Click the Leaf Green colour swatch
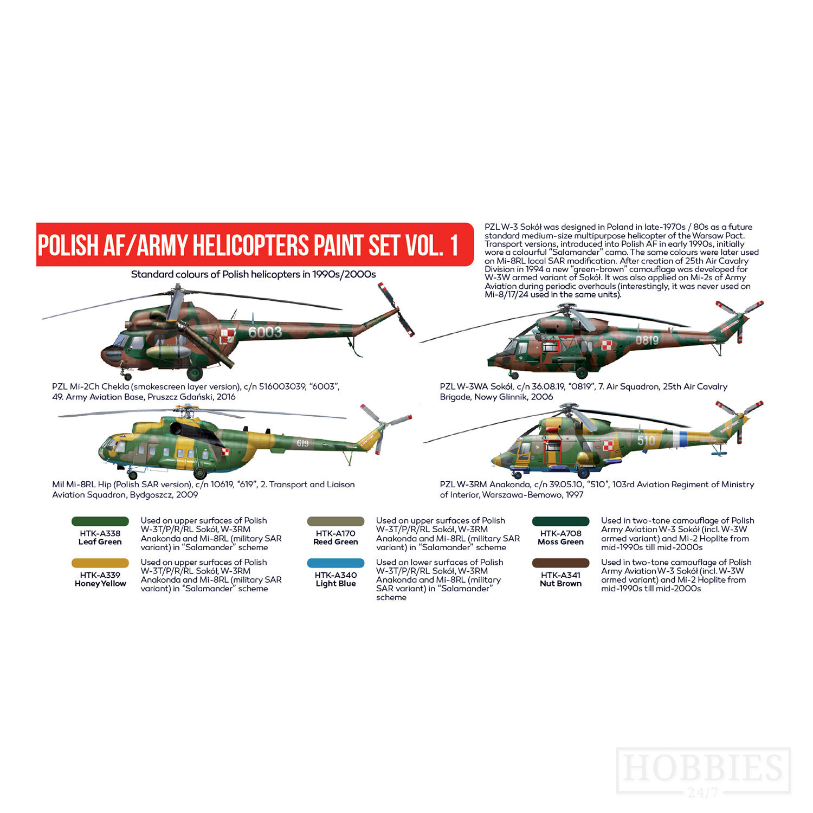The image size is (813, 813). [x=100, y=521]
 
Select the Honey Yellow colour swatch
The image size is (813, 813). [x=100, y=563]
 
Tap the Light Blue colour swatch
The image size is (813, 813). [x=335, y=563]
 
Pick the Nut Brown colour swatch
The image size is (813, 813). [x=560, y=563]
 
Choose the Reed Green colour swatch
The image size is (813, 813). [x=335, y=521]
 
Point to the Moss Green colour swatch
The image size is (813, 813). [x=560, y=521]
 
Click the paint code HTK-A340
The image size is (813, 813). [x=335, y=575]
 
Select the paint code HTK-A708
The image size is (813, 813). [x=560, y=533]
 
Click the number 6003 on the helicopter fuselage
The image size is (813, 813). [x=265, y=332]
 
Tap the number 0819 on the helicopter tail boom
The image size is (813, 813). [x=647, y=340]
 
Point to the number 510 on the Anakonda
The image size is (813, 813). [x=646, y=441]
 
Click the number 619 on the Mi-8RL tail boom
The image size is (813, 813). [x=302, y=443]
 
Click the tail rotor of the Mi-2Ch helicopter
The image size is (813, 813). [x=397, y=310]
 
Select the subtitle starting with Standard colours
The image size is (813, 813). [x=253, y=274]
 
